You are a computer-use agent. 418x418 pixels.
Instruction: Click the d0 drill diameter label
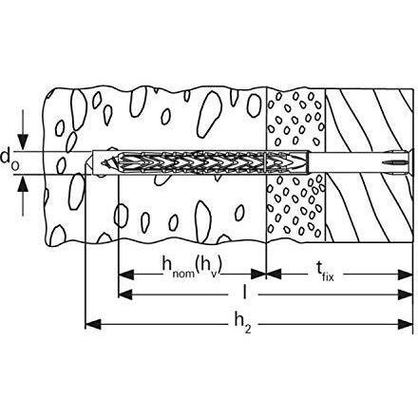(x=9, y=160)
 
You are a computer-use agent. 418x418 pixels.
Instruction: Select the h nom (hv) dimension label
(x=192, y=267)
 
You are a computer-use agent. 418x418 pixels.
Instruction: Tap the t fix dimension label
(x=325, y=273)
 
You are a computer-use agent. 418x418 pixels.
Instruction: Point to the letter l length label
(x=244, y=292)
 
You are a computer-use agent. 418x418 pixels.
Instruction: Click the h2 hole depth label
(x=243, y=324)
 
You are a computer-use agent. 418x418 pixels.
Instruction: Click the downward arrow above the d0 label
(x=23, y=130)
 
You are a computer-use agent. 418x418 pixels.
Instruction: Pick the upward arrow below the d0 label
(x=23, y=196)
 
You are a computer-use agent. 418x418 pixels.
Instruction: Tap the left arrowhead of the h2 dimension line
(x=93, y=324)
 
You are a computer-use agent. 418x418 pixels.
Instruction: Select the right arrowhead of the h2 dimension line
(x=405, y=324)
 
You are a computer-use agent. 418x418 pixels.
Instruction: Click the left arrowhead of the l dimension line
(x=125, y=294)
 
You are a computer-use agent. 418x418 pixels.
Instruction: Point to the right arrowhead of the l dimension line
(x=405, y=294)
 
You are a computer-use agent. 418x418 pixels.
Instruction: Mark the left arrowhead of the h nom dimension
(x=125, y=275)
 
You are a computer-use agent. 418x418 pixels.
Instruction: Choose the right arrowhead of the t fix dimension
(x=405, y=275)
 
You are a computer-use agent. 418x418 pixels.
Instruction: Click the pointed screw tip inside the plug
(x=104, y=163)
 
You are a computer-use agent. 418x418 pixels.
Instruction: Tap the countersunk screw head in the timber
(x=408, y=163)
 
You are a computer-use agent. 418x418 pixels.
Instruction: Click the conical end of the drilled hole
(x=89, y=162)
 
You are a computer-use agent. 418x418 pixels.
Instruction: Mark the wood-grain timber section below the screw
(x=370, y=208)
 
